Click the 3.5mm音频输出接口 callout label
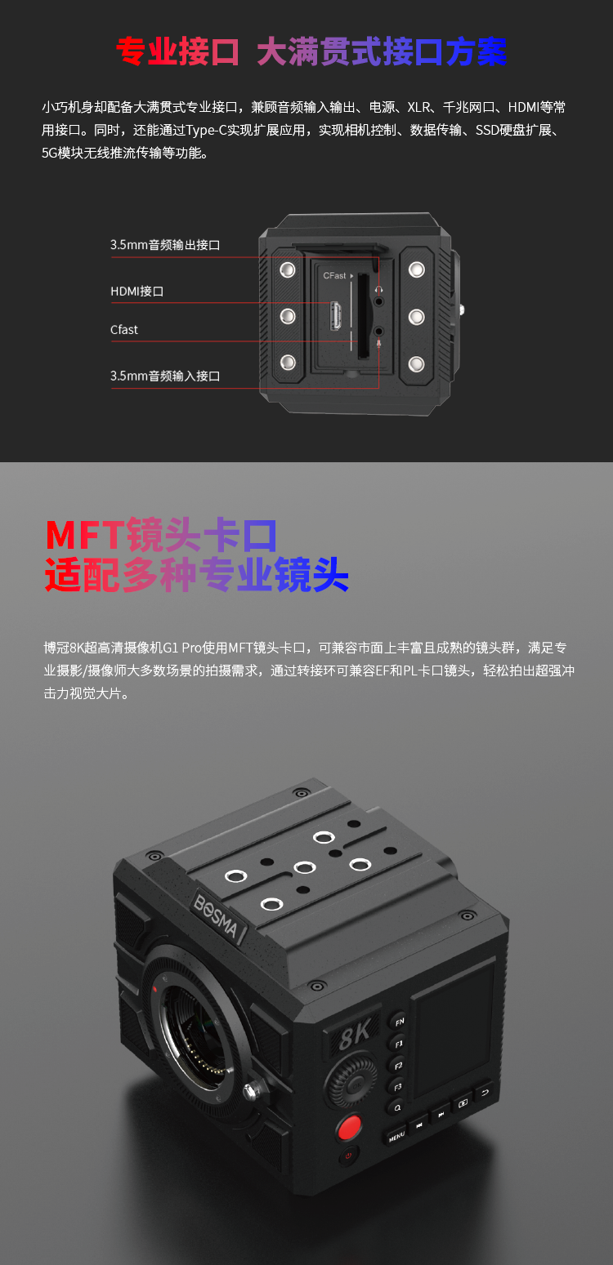point(165,245)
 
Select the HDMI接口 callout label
point(136,292)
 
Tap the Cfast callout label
point(123,330)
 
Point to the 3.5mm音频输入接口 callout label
point(165,376)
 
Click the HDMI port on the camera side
point(336,316)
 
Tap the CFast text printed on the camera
point(334,275)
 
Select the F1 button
point(398,1044)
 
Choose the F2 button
point(398,1065)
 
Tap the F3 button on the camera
point(398,1086)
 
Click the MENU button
point(396,1135)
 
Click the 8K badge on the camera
point(354,1033)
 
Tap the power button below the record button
point(348,1156)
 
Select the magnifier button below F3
point(397,1107)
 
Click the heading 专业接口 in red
point(177,52)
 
